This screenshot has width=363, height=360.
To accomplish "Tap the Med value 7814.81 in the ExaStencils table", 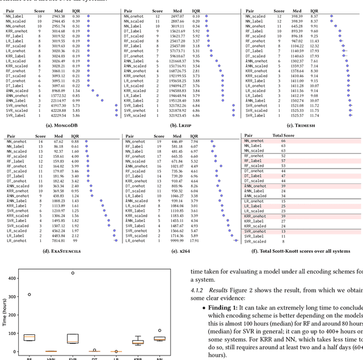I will coord(58,241).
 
